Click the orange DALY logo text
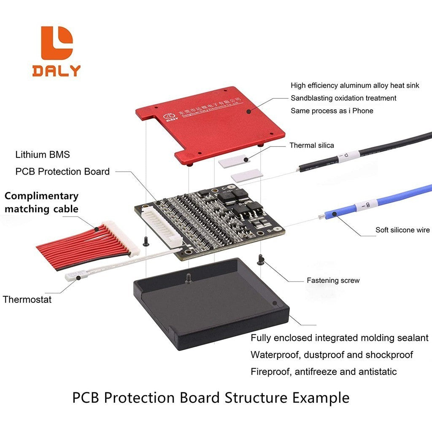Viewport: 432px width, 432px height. [x=56, y=70]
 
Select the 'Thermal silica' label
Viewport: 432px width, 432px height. [x=311, y=146]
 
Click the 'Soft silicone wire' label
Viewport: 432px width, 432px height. [x=402, y=230]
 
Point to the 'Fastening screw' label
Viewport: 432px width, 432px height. [x=333, y=281]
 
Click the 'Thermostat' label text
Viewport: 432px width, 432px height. [x=27, y=300]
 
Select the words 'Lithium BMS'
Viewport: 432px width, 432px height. [x=43, y=154]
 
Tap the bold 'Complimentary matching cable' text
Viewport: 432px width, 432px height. [x=41, y=202]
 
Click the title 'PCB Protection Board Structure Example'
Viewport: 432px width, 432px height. [x=211, y=398]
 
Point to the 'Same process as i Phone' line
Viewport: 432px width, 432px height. [x=332, y=111]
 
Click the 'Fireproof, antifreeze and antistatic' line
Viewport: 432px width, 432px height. [x=324, y=372]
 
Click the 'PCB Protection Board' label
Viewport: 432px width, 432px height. [x=62, y=172]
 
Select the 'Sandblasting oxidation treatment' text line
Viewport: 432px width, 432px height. [x=343, y=98]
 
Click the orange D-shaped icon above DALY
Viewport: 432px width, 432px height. [x=57, y=43]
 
